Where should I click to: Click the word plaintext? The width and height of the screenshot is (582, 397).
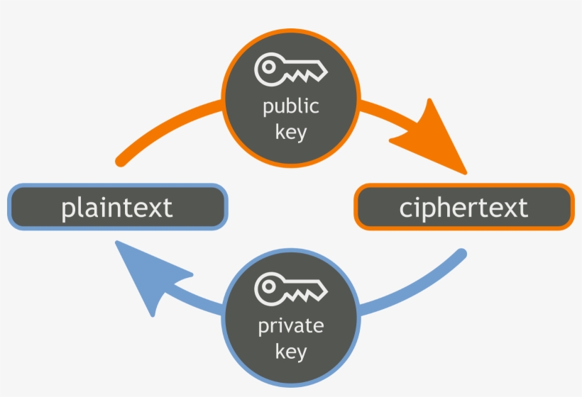(x=116, y=208)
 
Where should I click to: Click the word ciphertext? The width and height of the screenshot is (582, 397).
(x=463, y=208)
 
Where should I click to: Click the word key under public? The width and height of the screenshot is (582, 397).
(x=291, y=132)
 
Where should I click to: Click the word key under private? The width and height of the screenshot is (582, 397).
(x=291, y=350)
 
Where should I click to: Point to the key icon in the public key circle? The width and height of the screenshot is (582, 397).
(x=291, y=69)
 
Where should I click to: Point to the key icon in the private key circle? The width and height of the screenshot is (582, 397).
(x=291, y=289)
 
